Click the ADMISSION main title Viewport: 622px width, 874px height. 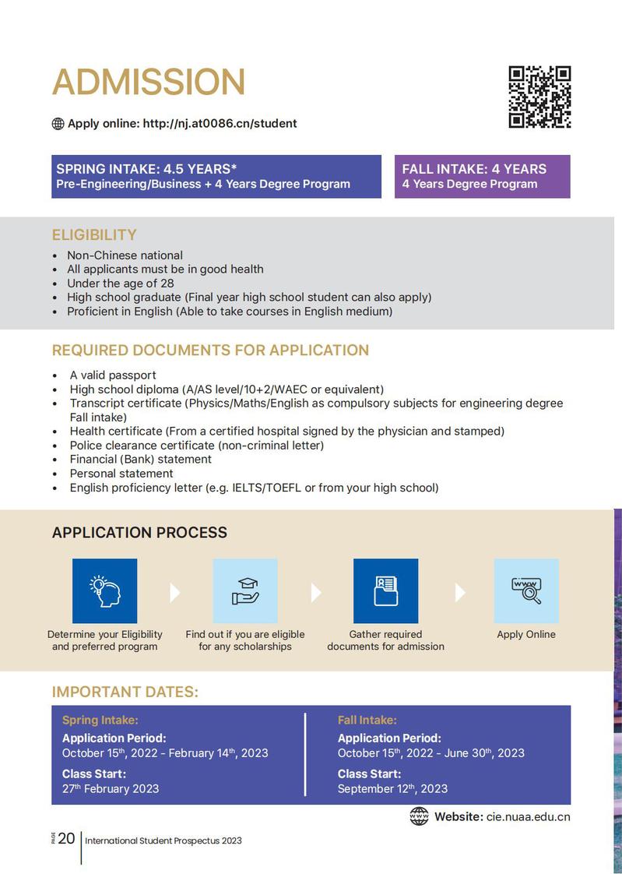(148, 83)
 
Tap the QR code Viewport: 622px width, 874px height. (539, 97)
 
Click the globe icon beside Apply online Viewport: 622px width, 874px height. (58, 123)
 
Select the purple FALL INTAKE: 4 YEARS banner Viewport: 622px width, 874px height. (482, 176)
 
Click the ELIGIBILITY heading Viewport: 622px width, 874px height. (94, 234)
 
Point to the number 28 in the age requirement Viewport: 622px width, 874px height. (167, 284)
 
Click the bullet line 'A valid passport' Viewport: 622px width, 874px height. (113, 375)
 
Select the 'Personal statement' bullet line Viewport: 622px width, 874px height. (121, 473)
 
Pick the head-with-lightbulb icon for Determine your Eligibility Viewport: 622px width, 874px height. (104, 590)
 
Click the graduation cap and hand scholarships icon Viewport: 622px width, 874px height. (245, 590)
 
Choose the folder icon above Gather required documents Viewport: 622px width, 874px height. (385, 590)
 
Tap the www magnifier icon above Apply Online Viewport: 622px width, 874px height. (526, 590)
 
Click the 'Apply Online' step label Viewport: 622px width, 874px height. (526, 634)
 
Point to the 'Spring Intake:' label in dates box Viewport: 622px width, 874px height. (100, 721)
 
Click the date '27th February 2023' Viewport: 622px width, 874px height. (111, 788)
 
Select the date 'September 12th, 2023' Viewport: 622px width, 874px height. (392, 788)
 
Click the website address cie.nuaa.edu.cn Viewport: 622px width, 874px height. (528, 816)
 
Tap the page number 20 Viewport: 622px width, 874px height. (66, 838)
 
